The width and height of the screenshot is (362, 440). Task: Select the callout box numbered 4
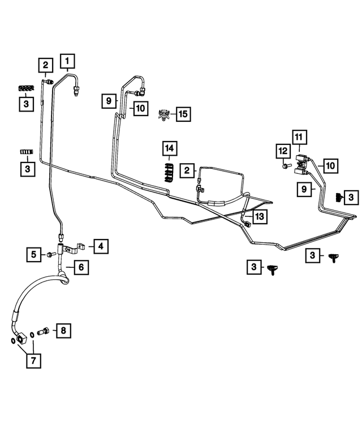(100, 246)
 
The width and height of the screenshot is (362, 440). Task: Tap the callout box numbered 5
(34, 255)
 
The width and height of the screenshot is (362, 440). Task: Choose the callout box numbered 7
(33, 360)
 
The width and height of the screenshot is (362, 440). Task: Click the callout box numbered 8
(63, 330)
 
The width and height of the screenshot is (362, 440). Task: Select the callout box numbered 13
(258, 216)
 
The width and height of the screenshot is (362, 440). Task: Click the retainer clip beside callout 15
(163, 114)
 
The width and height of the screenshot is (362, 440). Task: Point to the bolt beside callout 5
(50, 255)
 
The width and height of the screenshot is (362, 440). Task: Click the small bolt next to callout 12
(286, 166)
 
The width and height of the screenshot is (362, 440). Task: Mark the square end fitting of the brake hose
(21, 339)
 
